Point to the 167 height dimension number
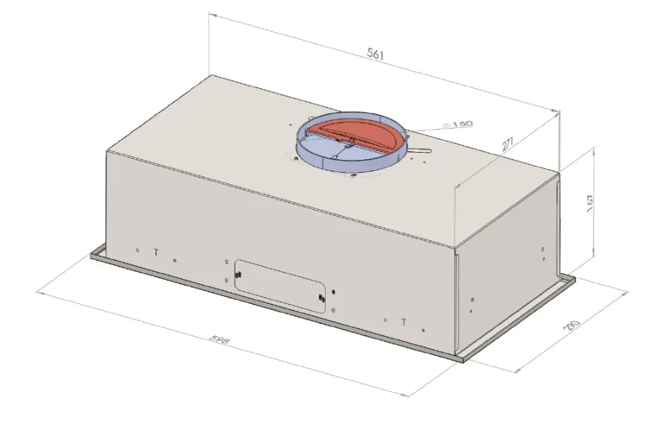click(589, 204)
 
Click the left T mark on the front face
click(156, 253)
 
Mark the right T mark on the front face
click(404, 322)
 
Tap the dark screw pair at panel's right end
click(323, 297)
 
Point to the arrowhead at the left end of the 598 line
click(38, 292)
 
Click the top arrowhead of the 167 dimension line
click(594, 151)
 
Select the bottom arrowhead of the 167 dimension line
click(594, 264)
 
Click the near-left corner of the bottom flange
click(92, 256)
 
